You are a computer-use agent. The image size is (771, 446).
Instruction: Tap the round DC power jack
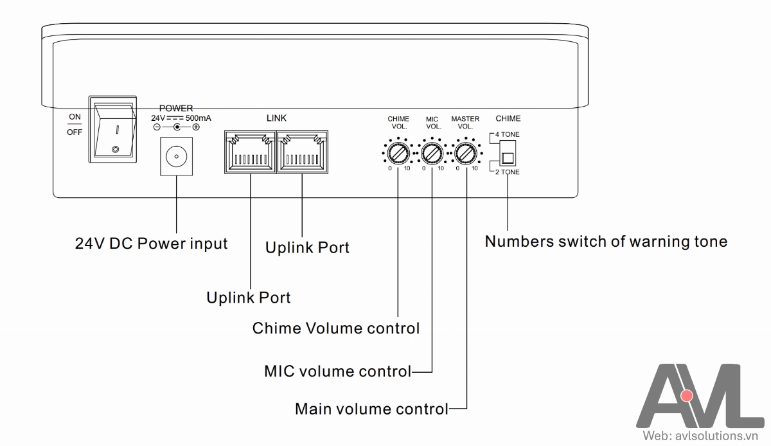coord(175,156)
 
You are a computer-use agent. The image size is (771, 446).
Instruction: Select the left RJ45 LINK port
coord(250,152)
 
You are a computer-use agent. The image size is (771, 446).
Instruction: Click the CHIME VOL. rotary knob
coord(398,154)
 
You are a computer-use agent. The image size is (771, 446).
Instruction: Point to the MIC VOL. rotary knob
coord(432,154)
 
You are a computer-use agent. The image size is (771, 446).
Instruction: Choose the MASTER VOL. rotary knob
coord(465,154)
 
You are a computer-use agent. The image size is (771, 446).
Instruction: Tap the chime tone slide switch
coord(508,158)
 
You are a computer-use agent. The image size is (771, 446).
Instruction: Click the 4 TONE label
coord(508,134)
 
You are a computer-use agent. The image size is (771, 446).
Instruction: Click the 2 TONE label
coord(508,172)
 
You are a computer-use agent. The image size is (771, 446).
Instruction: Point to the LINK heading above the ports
coord(276,118)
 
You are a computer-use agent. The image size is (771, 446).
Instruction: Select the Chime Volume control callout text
coord(336,328)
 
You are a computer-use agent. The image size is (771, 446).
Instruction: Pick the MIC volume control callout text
coord(337,371)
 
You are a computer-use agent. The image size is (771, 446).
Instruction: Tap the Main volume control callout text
coord(371,409)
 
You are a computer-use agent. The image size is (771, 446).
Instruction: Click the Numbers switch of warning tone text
coord(606,242)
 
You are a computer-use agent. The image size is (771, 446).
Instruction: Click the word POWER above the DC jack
coord(176,109)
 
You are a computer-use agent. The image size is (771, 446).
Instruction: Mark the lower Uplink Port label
coord(249,298)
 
